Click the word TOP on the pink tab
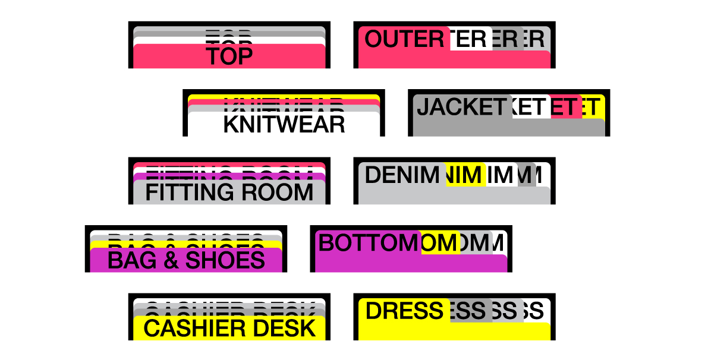229,56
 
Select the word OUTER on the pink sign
404,39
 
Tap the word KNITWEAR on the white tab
284,124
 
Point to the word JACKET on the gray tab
461,107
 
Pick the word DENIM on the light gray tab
401,175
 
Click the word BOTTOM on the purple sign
369,243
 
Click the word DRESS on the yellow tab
404,311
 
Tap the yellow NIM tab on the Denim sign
466,175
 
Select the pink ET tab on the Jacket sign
565,107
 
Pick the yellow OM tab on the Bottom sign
440,243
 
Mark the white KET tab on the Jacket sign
530,107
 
